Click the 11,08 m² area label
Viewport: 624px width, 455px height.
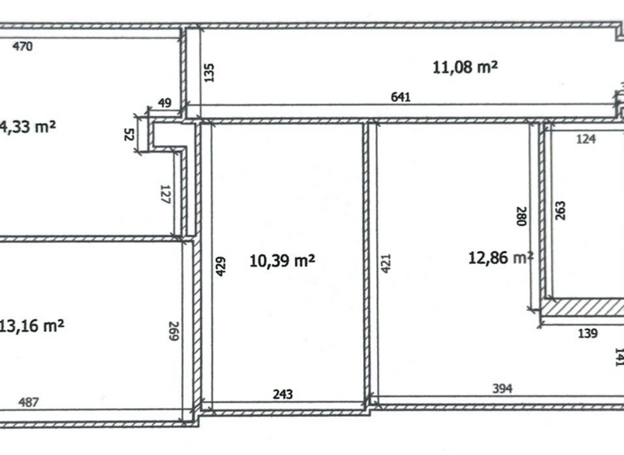[x=465, y=67]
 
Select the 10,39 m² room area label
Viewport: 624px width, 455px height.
[x=282, y=261]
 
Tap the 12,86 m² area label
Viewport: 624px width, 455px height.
[x=500, y=258]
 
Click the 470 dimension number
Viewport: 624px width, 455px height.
[x=23, y=46]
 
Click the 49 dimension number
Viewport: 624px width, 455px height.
[x=164, y=102]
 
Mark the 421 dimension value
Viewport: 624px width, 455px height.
[x=386, y=264]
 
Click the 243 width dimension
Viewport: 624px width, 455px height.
[x=282, y=394]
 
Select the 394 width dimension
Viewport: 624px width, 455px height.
[x=503, y=389]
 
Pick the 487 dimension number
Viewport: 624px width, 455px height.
[x=28, y=401]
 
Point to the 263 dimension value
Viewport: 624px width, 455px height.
[x=561, y=210]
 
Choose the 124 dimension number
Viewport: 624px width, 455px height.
[x=586, y=139]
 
